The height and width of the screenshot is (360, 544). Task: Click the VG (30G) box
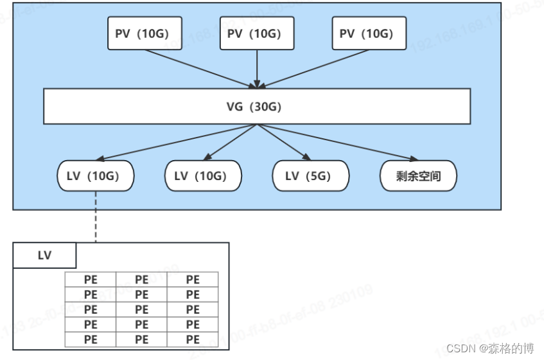(257, 107)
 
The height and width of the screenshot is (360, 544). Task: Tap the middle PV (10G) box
(257, 33)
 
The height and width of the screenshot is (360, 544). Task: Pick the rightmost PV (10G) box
(369, 33)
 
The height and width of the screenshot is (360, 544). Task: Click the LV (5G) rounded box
(311, 175)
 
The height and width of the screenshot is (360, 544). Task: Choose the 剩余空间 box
(418, 175)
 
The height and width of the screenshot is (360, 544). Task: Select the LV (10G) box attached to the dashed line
(96, 175)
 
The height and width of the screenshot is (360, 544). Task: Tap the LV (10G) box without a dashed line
(203, 175)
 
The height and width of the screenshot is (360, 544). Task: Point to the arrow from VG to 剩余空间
(340, 143)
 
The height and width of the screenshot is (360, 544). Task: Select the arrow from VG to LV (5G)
(283, 141)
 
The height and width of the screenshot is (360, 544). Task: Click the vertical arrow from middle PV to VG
(257, 67)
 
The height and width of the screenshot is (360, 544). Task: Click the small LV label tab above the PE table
(44, 255)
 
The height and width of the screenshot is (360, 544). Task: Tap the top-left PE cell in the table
(91, 280)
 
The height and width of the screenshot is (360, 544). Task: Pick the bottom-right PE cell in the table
(193, 339)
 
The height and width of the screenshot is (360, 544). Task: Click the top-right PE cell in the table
(193, 280)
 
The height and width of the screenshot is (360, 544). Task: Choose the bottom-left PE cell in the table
(91, 339)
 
